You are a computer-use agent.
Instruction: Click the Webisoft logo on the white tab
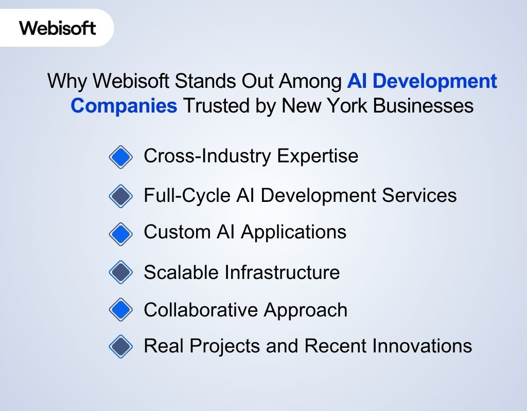(58, 28)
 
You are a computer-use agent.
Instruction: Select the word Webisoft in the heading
(140, 82)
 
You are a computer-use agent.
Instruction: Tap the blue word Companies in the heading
(124, 106)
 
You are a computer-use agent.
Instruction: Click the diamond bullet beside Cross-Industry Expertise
(121, 157)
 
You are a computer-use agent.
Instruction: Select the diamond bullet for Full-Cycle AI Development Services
(121, 196)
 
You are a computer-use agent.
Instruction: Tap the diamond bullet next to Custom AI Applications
(121, 233)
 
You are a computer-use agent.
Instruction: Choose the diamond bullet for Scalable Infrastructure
(121, 272)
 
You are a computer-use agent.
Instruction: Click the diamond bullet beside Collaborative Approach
(121, 310)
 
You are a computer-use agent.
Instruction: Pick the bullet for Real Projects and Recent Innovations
(121, 346)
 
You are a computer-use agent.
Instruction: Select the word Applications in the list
(293, 232)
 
